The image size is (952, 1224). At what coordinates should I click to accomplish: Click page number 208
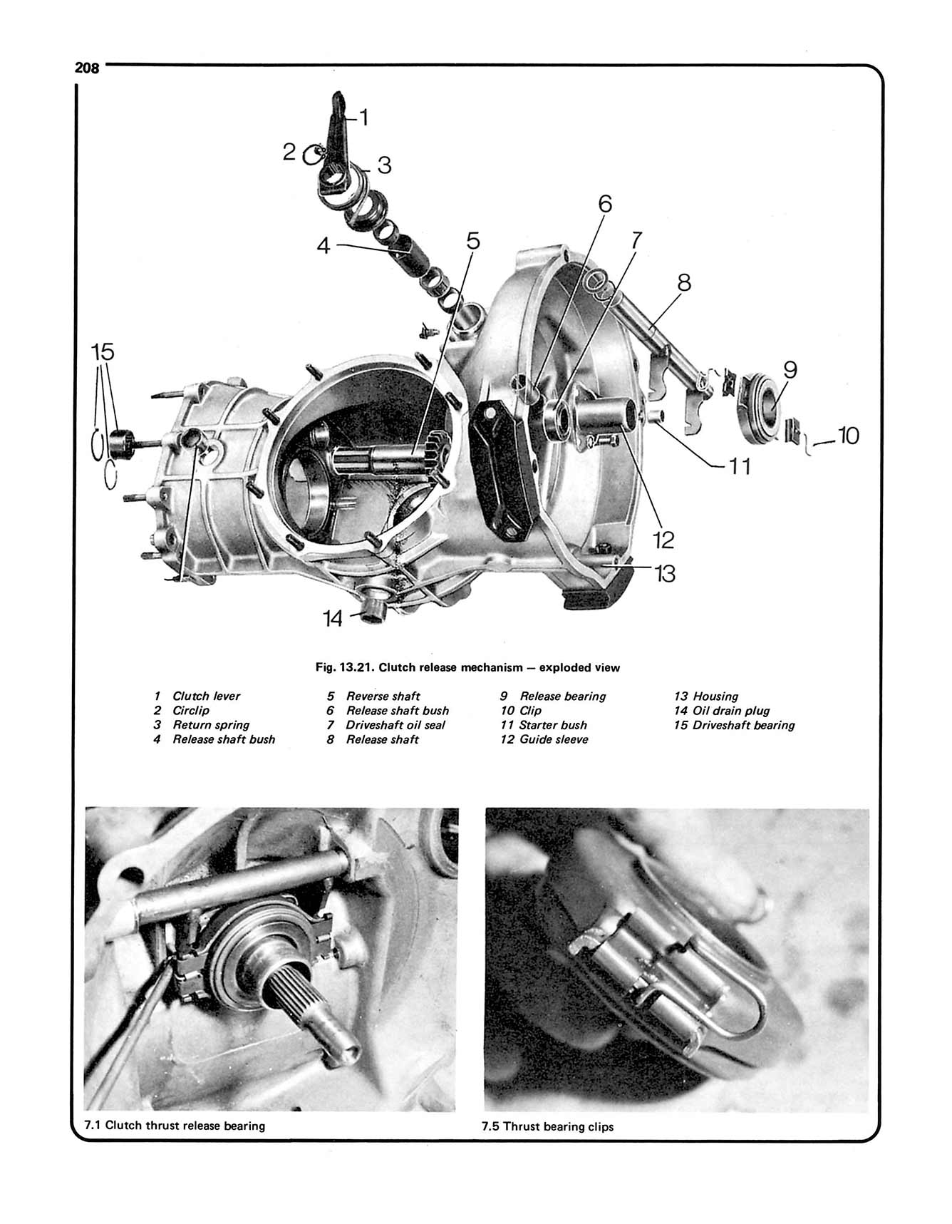tap(87, 68)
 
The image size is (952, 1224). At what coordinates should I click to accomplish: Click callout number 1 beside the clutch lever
tap(363, 118)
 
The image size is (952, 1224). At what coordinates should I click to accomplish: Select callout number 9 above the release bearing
tap(790, 370)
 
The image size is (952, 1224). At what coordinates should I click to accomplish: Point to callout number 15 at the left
tap(103, 351)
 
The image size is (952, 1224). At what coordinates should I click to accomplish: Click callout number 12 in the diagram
tap(663, 540)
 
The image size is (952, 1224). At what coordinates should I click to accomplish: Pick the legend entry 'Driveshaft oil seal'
tap(395, 725)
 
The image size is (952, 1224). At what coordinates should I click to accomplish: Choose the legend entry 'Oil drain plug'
tap(730, 711)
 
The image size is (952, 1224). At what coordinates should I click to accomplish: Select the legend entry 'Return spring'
tap(211, 725)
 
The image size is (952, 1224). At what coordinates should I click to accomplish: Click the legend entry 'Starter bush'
tap(553, 725)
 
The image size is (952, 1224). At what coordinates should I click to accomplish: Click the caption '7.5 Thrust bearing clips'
tap(547, 1127)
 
